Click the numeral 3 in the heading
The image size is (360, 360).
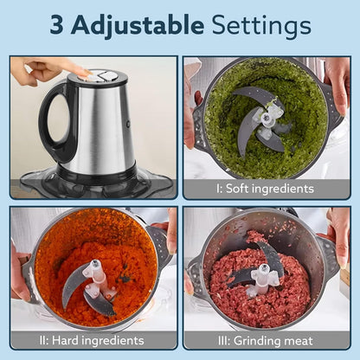tap(59, 25)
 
